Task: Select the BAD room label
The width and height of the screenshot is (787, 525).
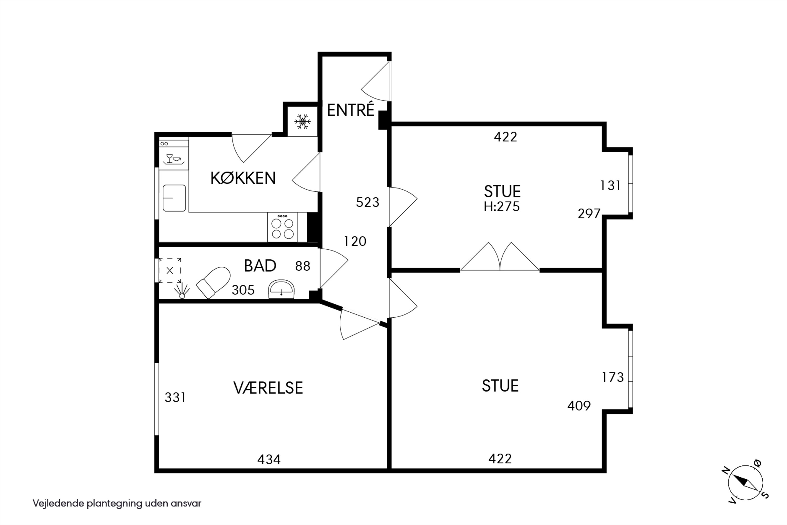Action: click(x=260, y=266)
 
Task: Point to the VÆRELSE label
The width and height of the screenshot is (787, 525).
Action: click(x=268, y=388)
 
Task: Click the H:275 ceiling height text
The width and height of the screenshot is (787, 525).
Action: click(x=502, y=207)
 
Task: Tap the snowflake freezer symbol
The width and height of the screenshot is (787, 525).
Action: click(x=302, y=122)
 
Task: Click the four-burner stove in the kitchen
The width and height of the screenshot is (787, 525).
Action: click(x=282, y=227)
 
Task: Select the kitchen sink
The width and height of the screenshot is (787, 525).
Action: click(x=174, y=198)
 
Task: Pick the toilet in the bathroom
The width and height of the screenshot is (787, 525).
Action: click(x=213, y=282)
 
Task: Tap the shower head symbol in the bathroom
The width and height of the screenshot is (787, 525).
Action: click(x=182, y=291)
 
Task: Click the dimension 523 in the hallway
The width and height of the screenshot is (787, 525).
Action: click(x=368, y=202)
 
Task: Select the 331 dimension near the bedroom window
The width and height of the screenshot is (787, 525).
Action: click(x=175, y=397)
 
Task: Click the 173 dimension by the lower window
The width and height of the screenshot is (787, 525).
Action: click(x=613, y=377)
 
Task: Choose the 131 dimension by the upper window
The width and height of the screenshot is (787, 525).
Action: click(x=610, y=186)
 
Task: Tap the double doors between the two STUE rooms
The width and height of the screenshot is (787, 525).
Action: click(x=500, y=256)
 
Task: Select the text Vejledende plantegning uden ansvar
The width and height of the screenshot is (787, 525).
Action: click(x=117, y=503)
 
